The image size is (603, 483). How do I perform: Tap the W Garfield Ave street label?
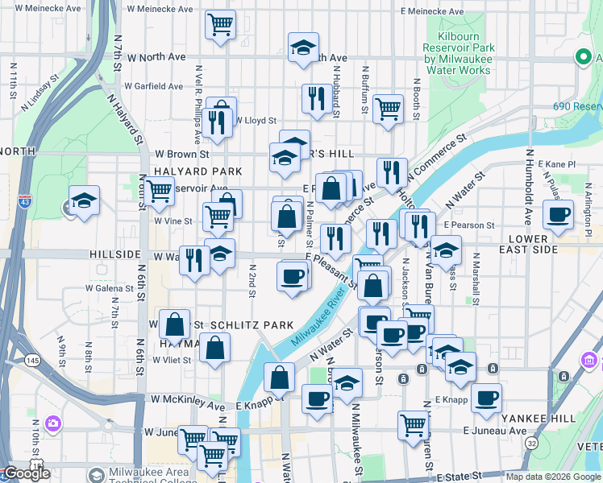click(153, 86)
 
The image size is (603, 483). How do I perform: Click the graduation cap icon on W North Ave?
click(303, 47)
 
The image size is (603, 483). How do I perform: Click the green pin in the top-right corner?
click(582, 57)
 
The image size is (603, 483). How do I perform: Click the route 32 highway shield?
click(532, 444)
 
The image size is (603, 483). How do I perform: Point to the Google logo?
click(27, 473)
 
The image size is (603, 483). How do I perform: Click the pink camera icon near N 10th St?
click(53, 423)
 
